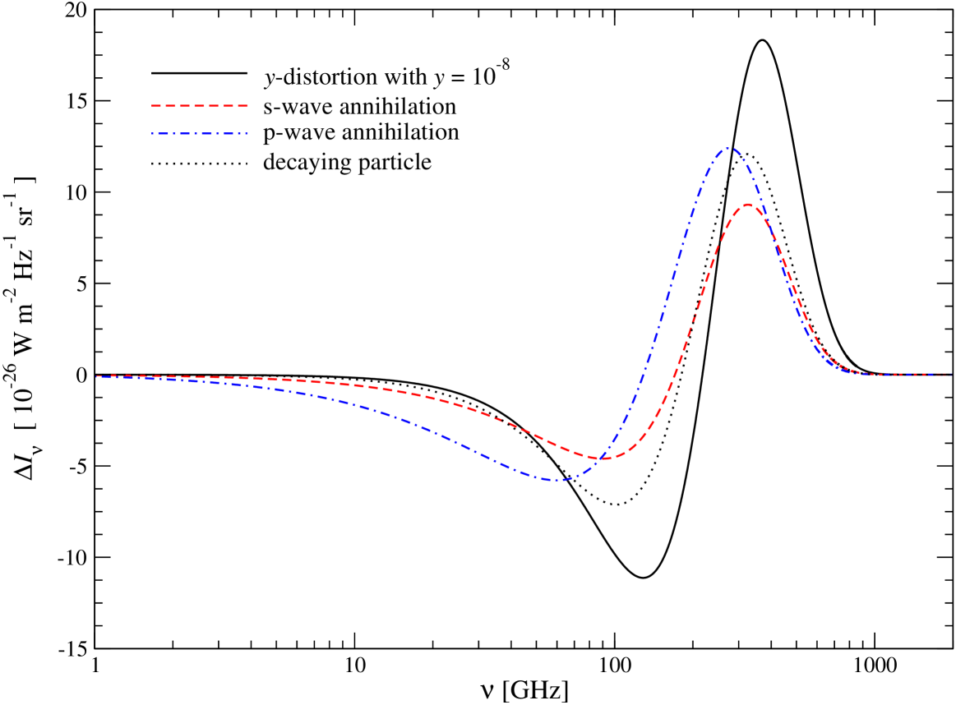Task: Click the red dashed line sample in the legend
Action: pos(199,106)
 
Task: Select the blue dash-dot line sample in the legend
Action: pos(199,133)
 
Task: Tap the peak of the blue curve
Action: pos(728,149)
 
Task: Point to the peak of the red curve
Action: pos(747,205)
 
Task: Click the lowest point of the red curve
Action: pos(601,458)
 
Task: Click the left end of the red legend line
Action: pos(152,106)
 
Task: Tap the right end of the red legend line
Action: pos(247,106)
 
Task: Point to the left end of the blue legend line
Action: pos(152,133)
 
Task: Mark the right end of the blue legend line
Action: pos(247,133)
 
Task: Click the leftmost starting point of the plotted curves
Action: pos(97,376)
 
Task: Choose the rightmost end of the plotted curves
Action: pos(952,375)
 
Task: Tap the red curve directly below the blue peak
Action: pos(728,226)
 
